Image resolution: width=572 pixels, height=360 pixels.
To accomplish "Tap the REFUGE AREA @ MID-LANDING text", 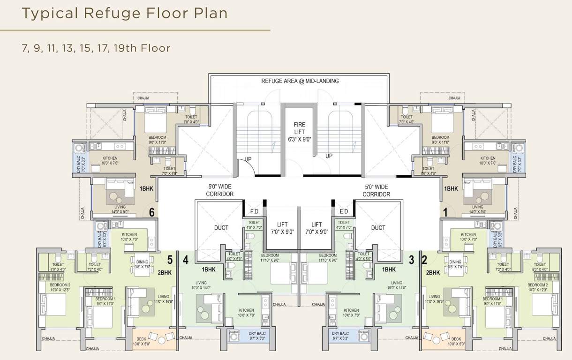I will [300, 81].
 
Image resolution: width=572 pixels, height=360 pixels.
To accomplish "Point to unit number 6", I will [152, 212].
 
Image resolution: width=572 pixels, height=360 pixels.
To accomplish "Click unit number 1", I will [445, 212].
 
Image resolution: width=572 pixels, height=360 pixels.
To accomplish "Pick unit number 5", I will [170, 259].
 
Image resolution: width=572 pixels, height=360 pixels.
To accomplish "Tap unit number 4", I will [186, 259].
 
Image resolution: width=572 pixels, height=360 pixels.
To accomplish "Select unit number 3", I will [411, 259].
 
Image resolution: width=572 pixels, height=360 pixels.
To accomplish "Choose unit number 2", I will [424, 259].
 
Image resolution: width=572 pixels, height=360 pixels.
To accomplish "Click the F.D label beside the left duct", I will [255, 211].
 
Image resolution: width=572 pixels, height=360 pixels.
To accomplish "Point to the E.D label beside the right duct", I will [344, 211].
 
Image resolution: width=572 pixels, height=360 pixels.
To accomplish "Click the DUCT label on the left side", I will [221, 228].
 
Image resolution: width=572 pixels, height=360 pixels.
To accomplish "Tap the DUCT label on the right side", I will [378, 228].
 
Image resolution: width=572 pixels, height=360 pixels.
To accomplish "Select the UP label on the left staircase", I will [248, 159].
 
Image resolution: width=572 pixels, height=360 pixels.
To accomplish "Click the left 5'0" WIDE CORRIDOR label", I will [219, 190].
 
